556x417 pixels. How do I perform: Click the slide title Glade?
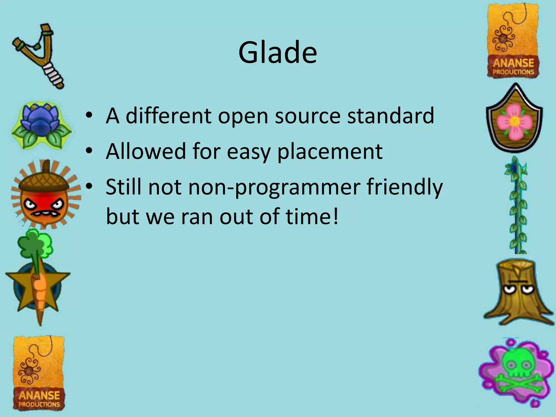[x=277, y=52]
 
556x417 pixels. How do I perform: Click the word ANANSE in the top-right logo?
[x=513, y=63]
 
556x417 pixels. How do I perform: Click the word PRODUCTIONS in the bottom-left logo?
[x=39, y=404]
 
